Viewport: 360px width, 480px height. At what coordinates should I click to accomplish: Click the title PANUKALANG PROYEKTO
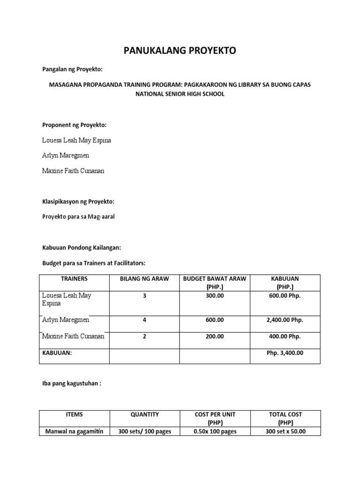(180, 51)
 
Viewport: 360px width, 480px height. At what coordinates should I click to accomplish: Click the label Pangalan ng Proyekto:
(72, 69)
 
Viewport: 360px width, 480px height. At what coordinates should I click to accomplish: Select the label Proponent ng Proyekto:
(75, 125)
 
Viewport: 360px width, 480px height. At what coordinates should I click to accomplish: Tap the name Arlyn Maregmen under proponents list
(66, 156)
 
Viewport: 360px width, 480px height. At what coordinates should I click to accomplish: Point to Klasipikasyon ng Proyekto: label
(78, 202)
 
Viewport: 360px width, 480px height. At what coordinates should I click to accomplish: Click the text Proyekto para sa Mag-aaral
(78, 217)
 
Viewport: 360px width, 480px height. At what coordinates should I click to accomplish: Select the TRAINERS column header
(74, 278)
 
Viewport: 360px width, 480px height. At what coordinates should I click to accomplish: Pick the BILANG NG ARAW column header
(144, 278)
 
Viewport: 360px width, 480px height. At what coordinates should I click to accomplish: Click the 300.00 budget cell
(215, 296)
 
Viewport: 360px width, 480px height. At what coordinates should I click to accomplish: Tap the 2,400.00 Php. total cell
(285, 320)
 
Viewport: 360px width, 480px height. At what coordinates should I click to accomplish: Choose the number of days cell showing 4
(144, 320)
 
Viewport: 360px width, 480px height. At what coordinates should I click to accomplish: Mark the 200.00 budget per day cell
(215, 337)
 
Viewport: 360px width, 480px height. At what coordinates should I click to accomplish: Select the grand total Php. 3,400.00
(285, 353)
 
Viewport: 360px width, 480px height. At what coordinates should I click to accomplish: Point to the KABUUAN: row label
(57, 353)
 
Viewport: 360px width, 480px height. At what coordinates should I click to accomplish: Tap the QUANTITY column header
(144, 414)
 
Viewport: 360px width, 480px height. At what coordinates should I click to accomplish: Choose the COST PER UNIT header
(215, 414)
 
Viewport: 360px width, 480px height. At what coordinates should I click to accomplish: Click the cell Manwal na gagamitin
(74, 431)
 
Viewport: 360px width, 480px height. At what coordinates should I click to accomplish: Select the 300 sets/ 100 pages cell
(144, 431)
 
